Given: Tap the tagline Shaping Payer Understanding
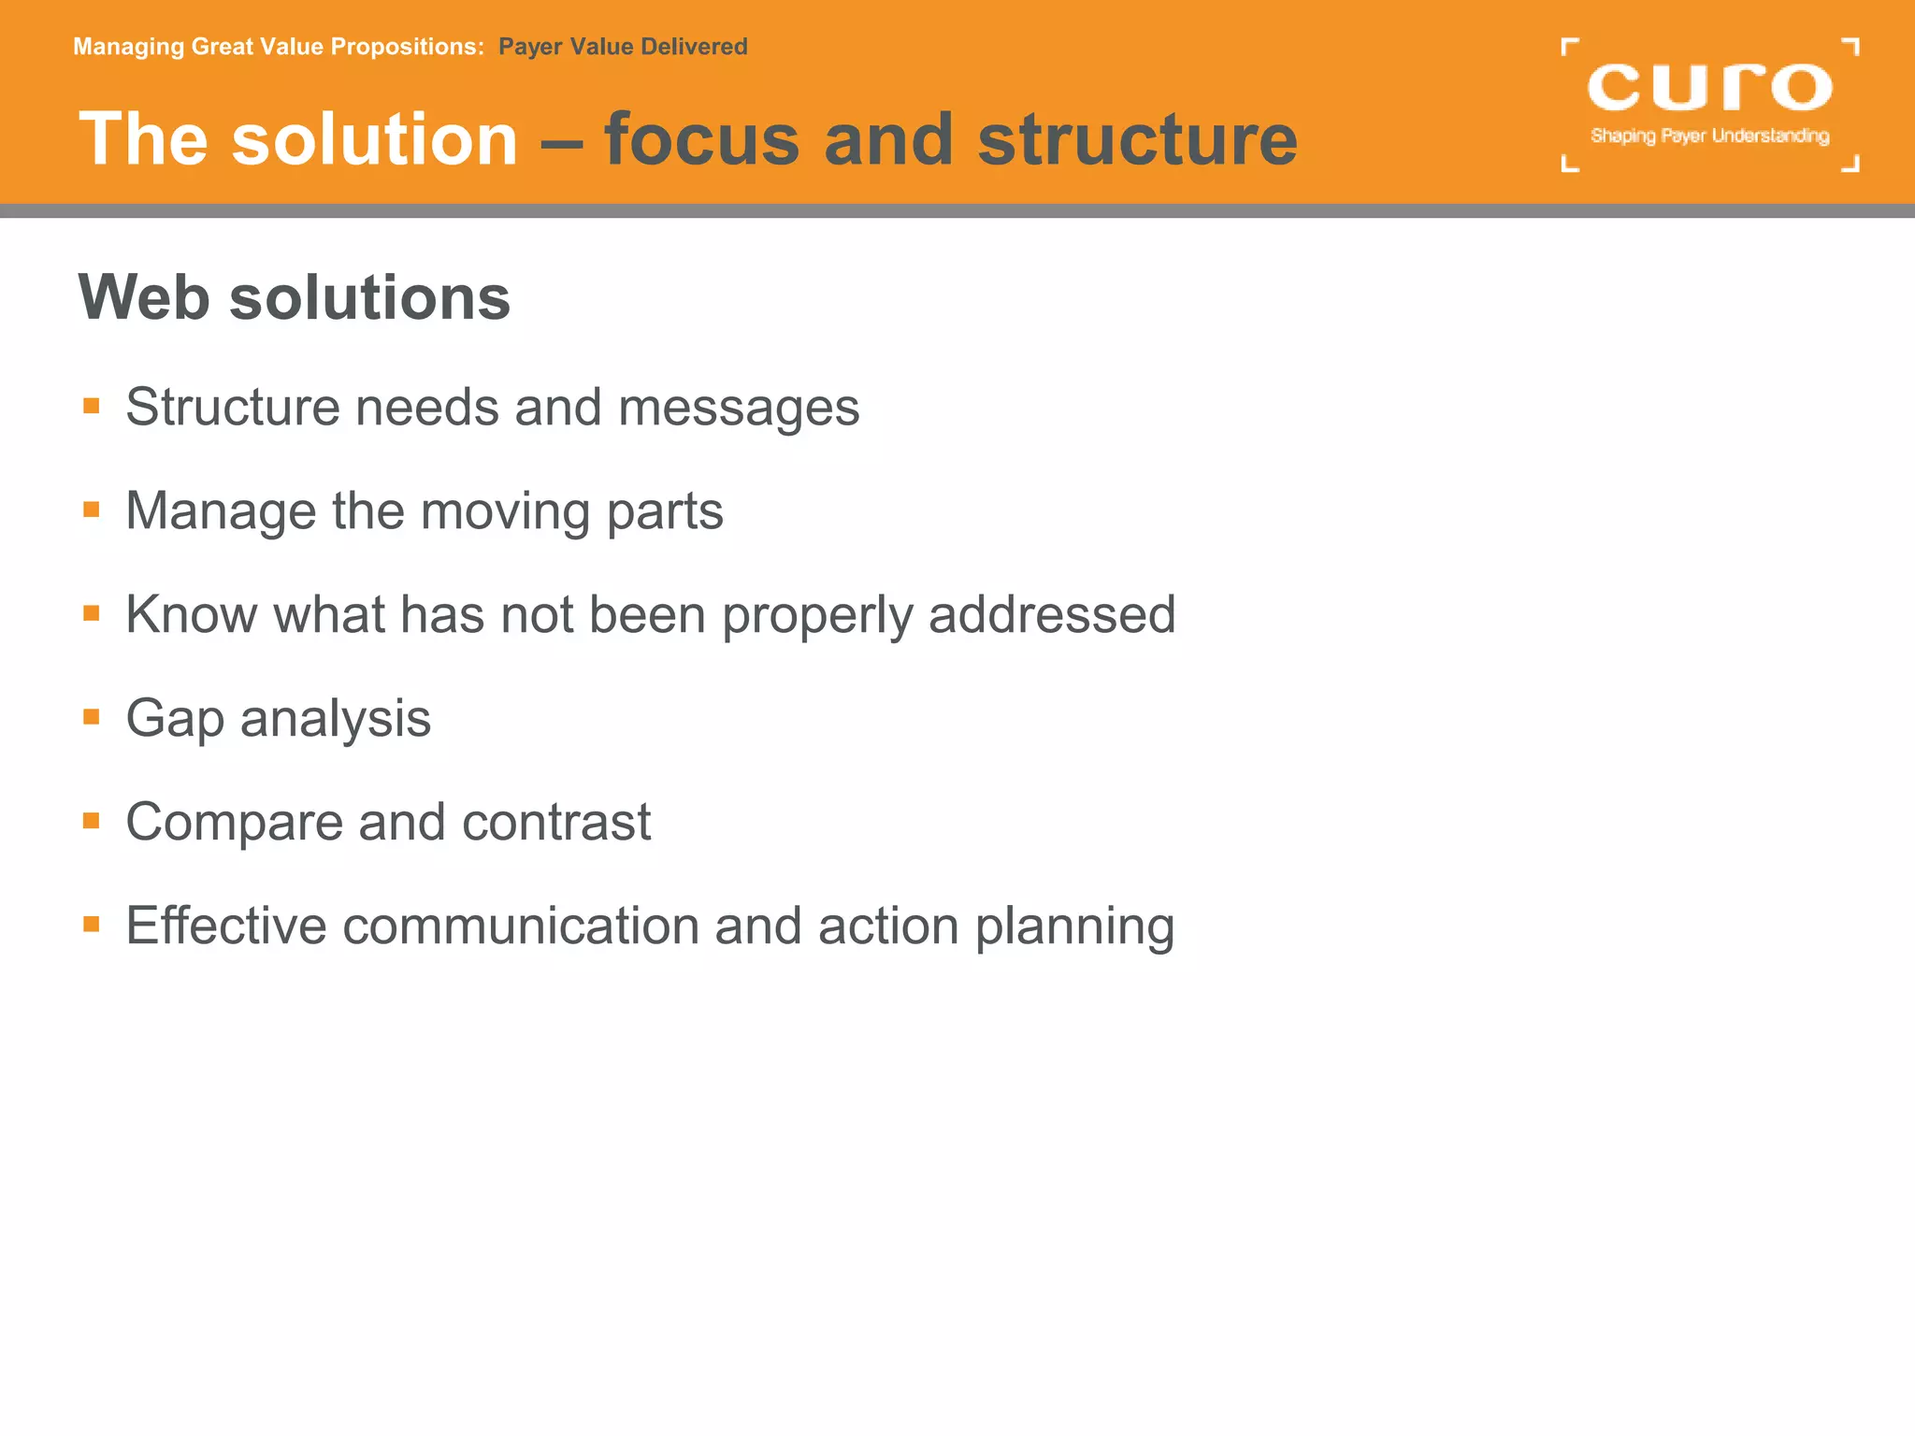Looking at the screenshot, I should point(1709,136).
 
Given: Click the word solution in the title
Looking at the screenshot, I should point(374,139).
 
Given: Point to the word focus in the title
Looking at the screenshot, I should point(701,139).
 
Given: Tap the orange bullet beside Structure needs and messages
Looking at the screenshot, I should point(91,406).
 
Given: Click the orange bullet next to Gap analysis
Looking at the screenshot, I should point(91,717).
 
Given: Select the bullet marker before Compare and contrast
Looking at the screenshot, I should point(91,821).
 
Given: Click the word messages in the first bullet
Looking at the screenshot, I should point(738,409).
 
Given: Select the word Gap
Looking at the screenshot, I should point(175,720).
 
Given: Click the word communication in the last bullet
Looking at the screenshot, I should point(520,926).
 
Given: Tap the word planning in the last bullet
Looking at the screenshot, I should point(1074,927).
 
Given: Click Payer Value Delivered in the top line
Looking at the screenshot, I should point(623,47).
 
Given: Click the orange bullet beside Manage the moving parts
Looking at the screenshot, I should point(91,510).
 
